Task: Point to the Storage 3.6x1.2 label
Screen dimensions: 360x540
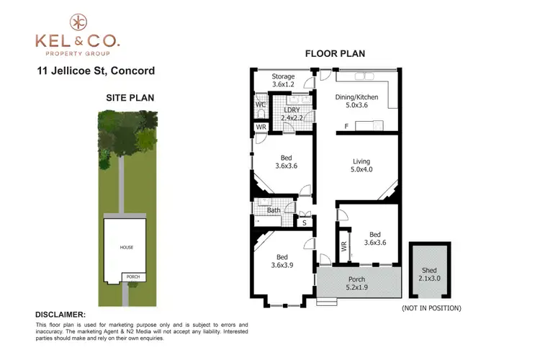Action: [x=282, y=81]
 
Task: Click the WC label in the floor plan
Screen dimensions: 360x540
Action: [x=260, y=105]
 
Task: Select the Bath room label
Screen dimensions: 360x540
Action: [x=274, y=210]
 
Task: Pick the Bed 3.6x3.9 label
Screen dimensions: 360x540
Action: [x=282, y=261]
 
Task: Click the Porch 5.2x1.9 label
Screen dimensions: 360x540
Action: [x=356, y=283]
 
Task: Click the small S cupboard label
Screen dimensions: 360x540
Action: [x=305, y=222]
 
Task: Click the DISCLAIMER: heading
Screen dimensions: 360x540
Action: [x=60, y=315]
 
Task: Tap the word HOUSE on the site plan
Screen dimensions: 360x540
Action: [x=127, y=247]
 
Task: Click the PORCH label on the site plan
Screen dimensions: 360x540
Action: [x=132, y=277]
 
